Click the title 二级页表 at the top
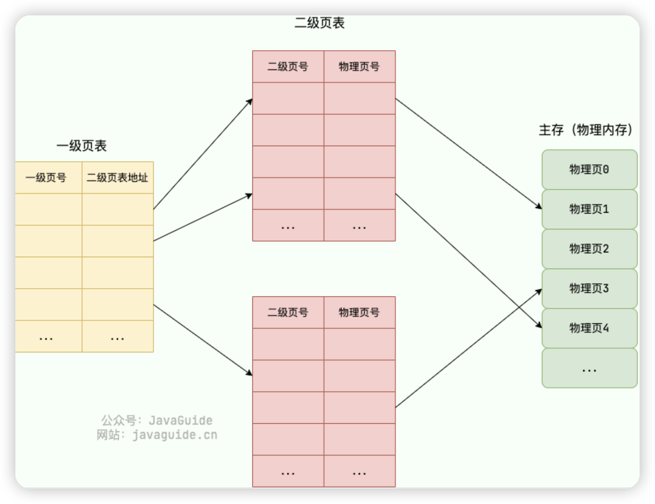(x=319, y=23)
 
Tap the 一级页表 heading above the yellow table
(x=81, y=146)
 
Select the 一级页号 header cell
(x=46, y=178)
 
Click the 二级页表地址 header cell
(x=117, y=178)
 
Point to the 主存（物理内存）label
(x=586, y=130)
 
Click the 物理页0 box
(x=589, y=170)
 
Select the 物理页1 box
(x=589, y=209)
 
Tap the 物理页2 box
(x=589, y=249)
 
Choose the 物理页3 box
(x=589, y=289)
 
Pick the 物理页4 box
(x=589, y=328)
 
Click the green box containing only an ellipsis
(x=589, y=368)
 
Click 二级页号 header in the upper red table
(x=288, y=67)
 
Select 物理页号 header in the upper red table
(x=360, y=67)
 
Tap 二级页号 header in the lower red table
(x=288, y=313)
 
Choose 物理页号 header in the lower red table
(x=360, y=313)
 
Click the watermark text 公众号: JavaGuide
(x=157, y=421)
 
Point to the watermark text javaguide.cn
(x=174, y=435)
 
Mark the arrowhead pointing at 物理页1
(x=539, y=207)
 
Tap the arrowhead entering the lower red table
(x=249, y=373)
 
